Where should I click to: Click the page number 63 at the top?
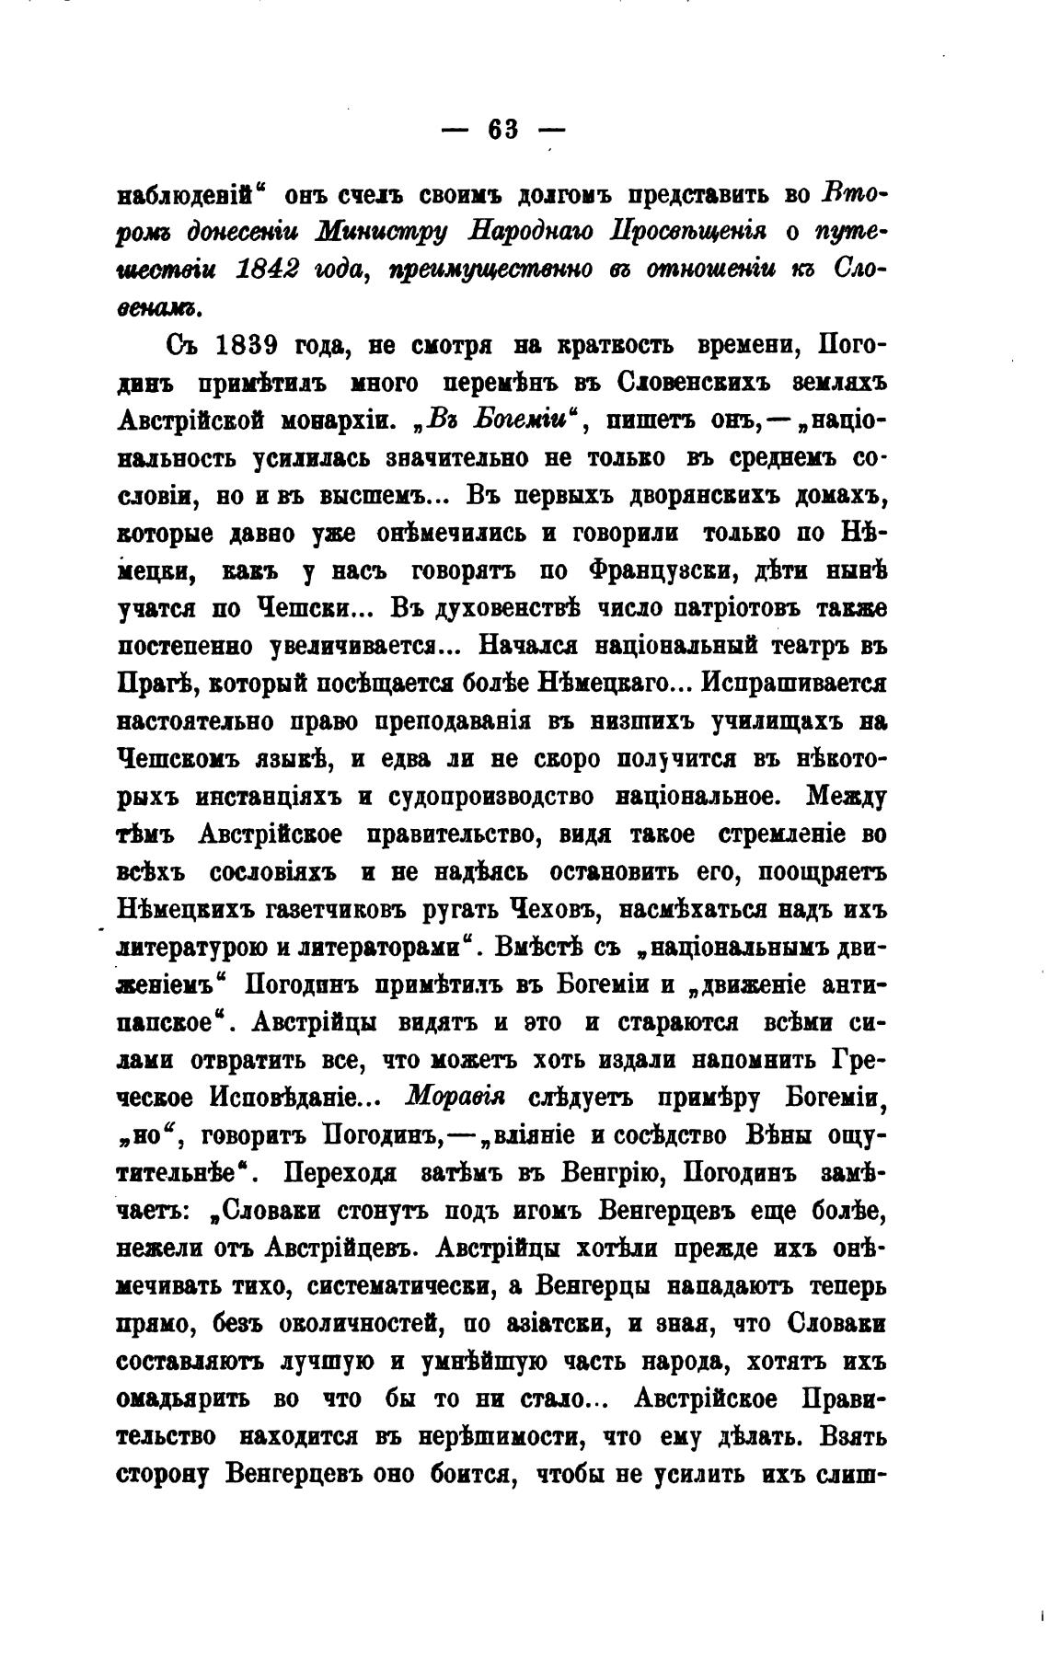tap(504, 130)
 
